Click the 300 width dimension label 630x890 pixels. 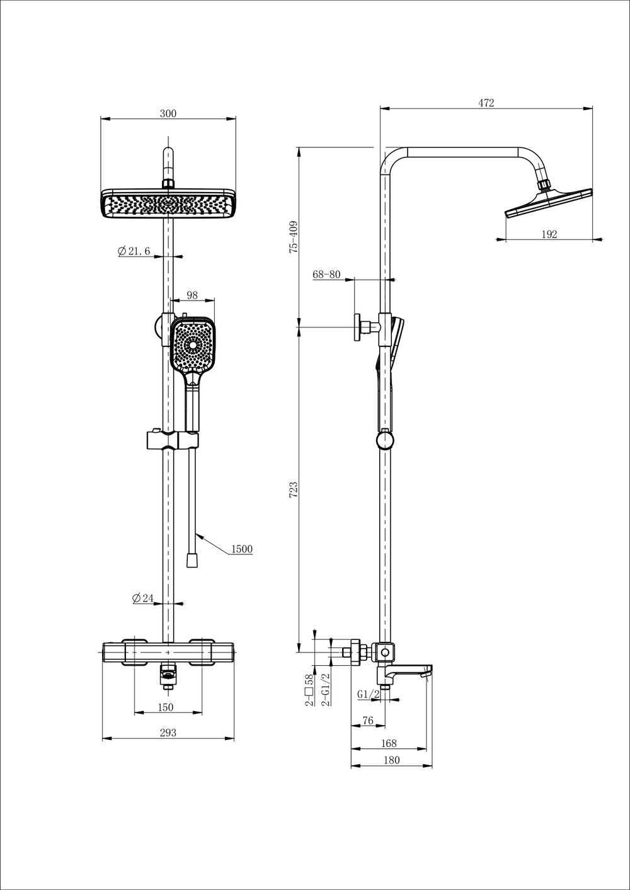pos(168,113)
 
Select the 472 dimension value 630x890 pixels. pos(486,103)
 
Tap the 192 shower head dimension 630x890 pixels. pos(549,234)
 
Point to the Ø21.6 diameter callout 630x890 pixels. pos(134,251)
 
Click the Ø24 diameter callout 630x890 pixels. pos(142,598)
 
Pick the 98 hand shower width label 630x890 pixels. pos(192,295)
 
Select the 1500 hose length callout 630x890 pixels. pos(242,549)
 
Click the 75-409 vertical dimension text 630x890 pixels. pos(294,237)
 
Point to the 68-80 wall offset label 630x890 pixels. pos(327,274)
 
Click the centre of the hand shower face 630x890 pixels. pos(193,345)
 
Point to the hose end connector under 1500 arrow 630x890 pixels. pos(192,561)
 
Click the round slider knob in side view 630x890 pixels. pos(385,440)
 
